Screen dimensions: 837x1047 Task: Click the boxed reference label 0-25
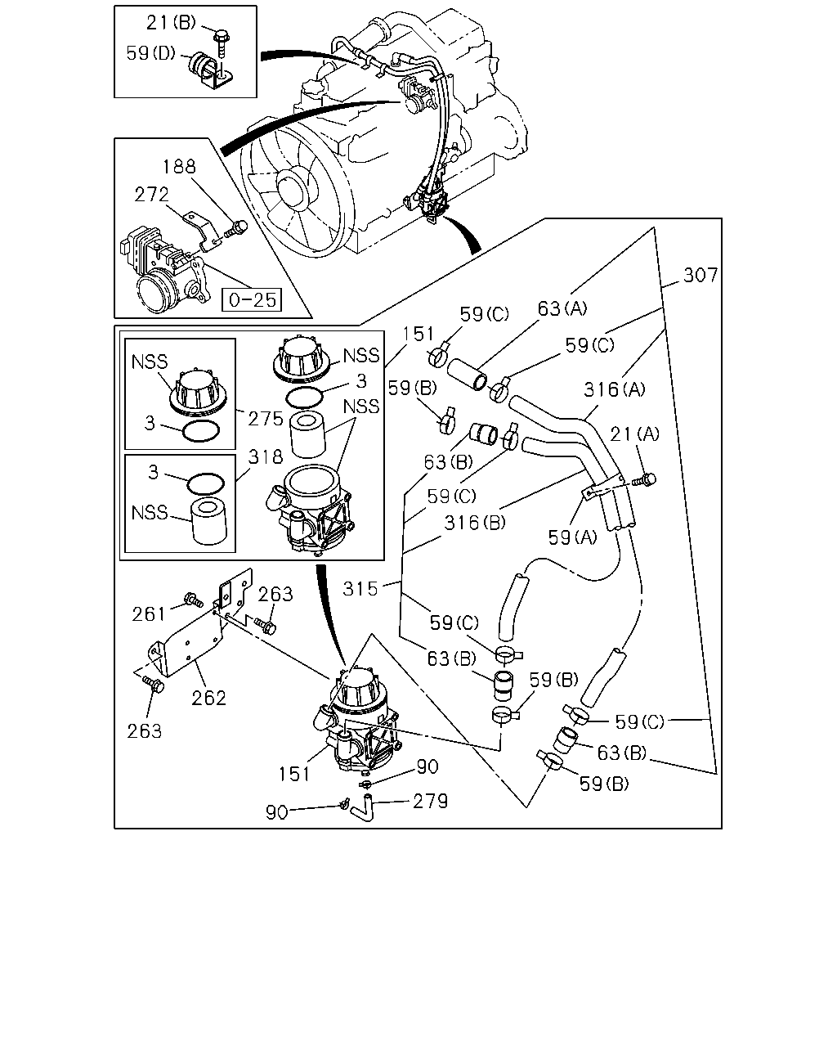[252, 299]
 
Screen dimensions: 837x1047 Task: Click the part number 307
[700, 276]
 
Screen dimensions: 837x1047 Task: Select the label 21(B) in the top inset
[171, 22]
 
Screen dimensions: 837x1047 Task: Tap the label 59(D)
[150, 53]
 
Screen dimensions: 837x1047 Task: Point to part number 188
[179, 167]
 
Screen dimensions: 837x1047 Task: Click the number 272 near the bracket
[151, 195]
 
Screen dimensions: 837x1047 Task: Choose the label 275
[265, 419]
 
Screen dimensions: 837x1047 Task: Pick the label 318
[265, 457]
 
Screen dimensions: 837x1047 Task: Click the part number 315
[360, 589]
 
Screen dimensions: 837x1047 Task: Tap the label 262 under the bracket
[208, 699]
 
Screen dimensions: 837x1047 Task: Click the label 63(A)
[562, 308]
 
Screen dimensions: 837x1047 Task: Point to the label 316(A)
[614, 389]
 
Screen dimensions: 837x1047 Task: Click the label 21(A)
[634, 434]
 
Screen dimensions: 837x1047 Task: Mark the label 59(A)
[572, 537]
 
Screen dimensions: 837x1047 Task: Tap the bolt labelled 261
[193, 600]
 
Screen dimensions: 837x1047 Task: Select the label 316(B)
[475, 523]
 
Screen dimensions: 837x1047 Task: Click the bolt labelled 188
[236, 229]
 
